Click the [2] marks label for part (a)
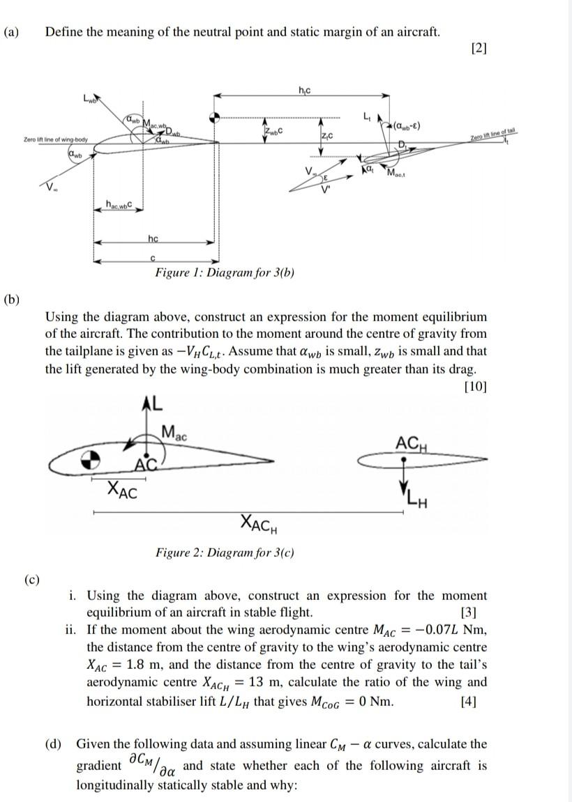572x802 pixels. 479,48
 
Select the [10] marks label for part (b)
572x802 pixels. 475,385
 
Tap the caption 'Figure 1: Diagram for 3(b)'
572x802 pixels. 224,272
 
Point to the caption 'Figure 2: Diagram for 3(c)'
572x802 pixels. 224,553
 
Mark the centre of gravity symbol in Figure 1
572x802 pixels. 216,117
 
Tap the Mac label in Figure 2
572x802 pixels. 174,432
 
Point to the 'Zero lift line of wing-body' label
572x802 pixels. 56,141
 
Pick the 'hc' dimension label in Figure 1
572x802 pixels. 153,239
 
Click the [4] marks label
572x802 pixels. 469,701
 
